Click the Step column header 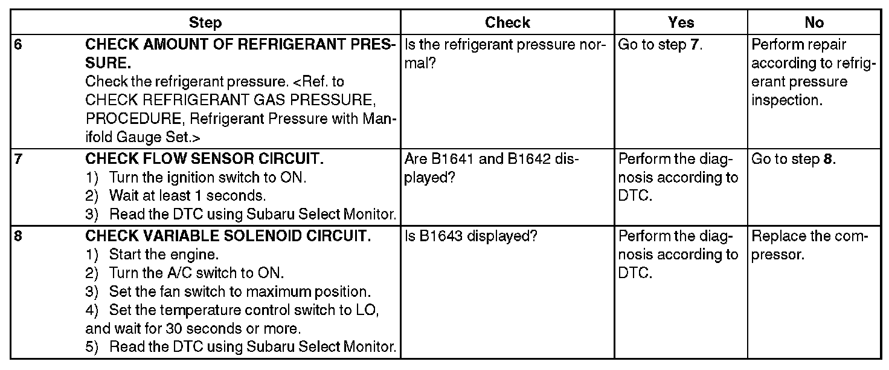(x=205, y=23)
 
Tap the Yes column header (x=681, y=23)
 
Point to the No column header (x=814, y=23)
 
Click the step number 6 (x=18, y=45)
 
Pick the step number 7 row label (x=18, y=160)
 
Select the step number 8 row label (x=18, y=236)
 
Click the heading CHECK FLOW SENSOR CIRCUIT (x=204, y=160)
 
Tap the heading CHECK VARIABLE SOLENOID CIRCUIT (x=228, y=236)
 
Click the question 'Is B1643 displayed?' (x=470, y=236)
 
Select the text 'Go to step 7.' (x=661, y=45)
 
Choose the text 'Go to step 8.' (x=794, y=160)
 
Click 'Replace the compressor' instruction (x=809, y=245)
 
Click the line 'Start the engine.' (x=163, y=254)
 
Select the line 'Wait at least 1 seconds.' (x=187, y=196)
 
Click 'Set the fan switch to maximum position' (x=240, y=291)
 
